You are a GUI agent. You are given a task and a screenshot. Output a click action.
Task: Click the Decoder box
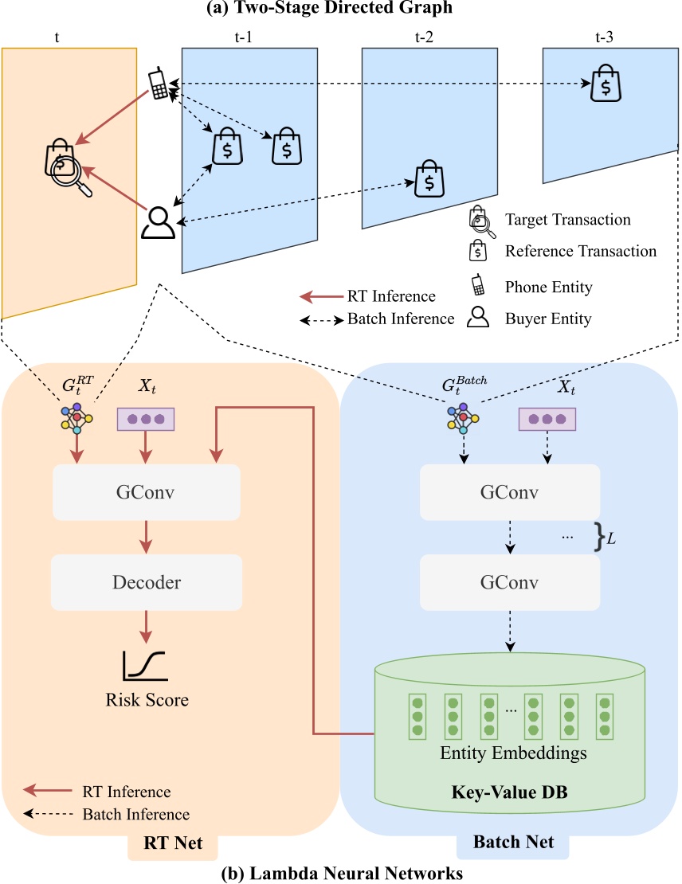pyautogui.click(x=146, y=582)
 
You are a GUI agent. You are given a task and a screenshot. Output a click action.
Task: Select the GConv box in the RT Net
pyautogui.click(x=146, y=491)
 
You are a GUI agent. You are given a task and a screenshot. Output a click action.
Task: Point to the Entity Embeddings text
pyautogui.click(x=509, y=752)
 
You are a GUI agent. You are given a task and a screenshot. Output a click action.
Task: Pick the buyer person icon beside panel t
pyautogui.click(x=157, y=222)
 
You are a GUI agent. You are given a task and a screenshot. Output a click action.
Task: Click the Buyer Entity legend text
pyautogui.click(x=548, y=319)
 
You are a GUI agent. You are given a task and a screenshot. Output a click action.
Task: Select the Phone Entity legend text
pyautogui.click(x=548, y=287)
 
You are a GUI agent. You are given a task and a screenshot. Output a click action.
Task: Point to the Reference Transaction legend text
pyautogui.click(x=581, y=251)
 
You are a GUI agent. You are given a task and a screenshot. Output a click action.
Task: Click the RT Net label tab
pyautogui.click(x=173, y=843)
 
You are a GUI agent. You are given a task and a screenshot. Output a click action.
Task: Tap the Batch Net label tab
pyautogui.click(x=512, y=843)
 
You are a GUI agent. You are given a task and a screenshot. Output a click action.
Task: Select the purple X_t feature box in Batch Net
pyautogui.click(x=547, y=419)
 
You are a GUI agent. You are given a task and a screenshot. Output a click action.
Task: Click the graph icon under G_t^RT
pyautogui.click(x=77, y=417)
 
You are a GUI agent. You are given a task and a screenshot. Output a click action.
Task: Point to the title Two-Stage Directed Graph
pyautogui.click(x=340, y=10)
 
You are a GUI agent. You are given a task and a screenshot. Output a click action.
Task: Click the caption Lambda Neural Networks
pyautogui.click(x=340, y=873)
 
